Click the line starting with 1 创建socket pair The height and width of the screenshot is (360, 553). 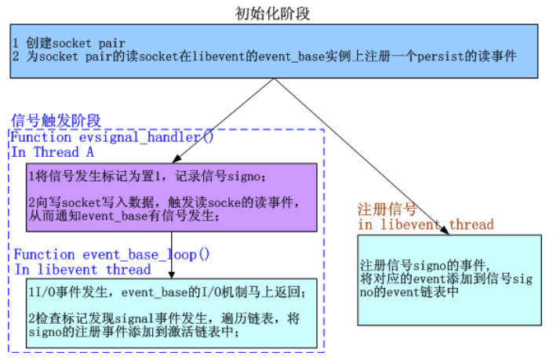point(69,42)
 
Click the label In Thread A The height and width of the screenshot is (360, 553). point(53,152)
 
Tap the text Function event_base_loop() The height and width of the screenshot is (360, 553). point(111,255)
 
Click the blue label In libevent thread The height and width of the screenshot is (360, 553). point(82,270)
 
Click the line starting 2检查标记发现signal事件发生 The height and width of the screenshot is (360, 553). point(149,319)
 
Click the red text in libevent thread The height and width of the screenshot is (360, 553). point(425,225)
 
